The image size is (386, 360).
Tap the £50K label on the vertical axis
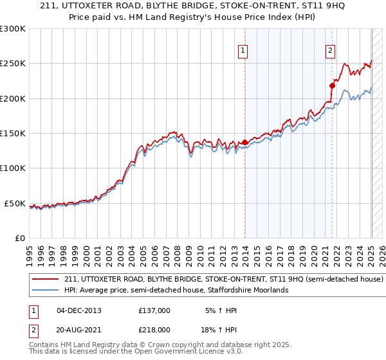[x=14, y=203]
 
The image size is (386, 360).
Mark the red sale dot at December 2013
[x=245, y=143]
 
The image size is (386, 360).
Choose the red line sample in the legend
[x=46, y=280]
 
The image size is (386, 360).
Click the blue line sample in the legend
[x=46, y=290]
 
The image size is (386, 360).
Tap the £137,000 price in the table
[x=154, y=310]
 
